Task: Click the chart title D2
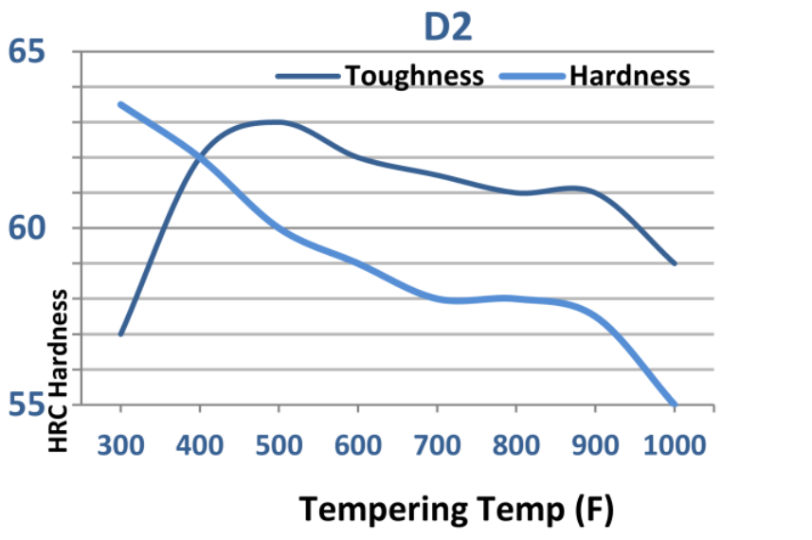447,28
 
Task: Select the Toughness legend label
414,75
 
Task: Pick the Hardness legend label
629,75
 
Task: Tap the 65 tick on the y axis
27,50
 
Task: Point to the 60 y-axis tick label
27,228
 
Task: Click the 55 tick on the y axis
27,405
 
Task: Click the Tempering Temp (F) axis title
457,509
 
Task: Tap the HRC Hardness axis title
59,370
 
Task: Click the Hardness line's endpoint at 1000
675,405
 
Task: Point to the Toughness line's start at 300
120,334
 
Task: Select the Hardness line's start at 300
120,104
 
